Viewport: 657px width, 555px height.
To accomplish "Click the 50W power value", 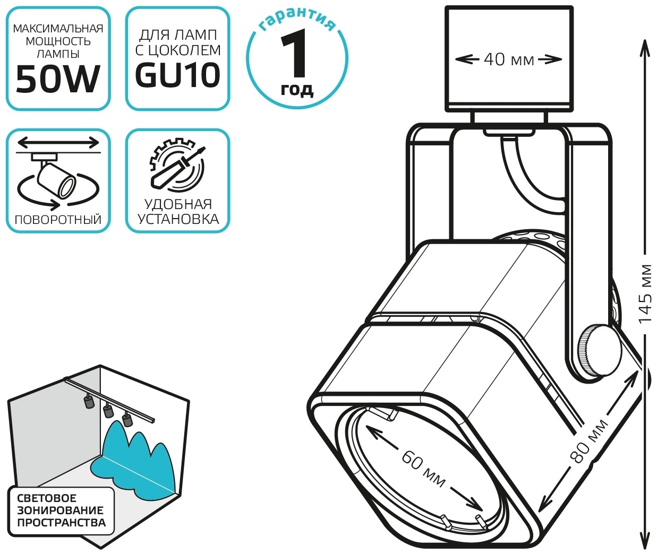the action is [x=58, y=79].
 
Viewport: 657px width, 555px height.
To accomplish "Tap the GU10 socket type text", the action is [x=178, y=75].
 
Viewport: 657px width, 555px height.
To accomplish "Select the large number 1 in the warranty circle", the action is [x=295, y=54].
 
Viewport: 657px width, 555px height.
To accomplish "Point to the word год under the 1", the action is [x=297, y=90].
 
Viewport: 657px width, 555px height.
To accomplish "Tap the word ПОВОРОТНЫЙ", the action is [x=58, y=219].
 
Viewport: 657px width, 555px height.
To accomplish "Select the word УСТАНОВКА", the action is [x=178, y=219].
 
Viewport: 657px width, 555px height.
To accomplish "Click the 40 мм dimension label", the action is [x=509, y=59].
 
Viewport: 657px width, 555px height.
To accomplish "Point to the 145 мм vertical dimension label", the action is [x=645, y=294].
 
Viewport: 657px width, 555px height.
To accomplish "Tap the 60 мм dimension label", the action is [x=423, y=470].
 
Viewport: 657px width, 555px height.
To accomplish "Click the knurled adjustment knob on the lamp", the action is [x=600, y=350].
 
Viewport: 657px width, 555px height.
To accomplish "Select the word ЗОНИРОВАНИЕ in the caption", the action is [x=61, y=510].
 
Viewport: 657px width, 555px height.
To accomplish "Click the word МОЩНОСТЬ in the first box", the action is [x=58, y=41].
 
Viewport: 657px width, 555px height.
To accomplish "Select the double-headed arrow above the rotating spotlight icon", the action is [x=58, y=143].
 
